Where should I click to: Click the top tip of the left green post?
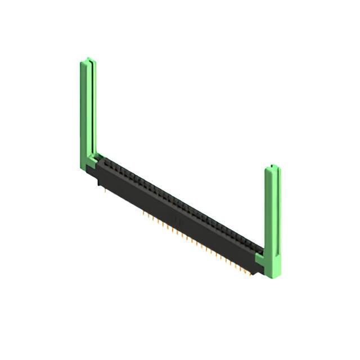(87, 59)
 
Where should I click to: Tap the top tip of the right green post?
(272, 166)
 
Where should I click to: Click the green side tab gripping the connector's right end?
(260, 259)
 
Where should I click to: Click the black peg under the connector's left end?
(100, 182)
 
